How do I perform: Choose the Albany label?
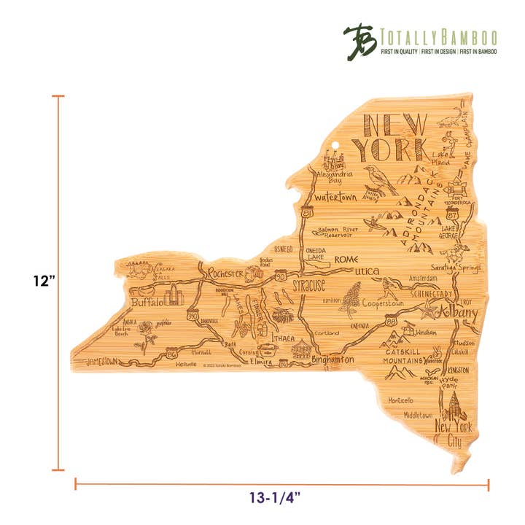(456, 314)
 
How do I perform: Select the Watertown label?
(336, 197)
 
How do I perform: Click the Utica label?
(367, 271)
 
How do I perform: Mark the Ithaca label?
(282, 338)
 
